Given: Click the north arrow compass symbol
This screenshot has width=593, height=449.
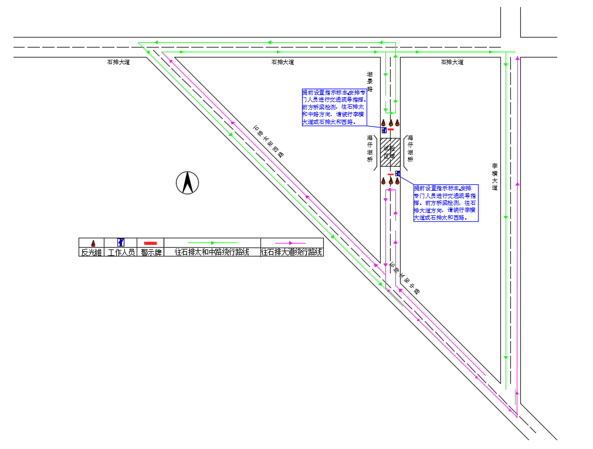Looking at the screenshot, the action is click(188, 183).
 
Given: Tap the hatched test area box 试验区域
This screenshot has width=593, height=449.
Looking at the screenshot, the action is click(390, 151).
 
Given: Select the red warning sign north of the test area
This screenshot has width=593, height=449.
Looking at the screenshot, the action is click(390, 130).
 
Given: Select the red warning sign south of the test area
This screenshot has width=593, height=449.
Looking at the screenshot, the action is click(390, 174).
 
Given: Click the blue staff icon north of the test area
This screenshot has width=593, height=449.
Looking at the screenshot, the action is click(384, 130).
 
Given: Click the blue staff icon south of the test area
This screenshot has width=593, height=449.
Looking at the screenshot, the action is click(398, 173).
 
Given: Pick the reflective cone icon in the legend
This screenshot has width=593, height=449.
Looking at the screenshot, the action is click(93, 242).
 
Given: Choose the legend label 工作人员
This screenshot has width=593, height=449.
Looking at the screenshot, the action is click(122, 252).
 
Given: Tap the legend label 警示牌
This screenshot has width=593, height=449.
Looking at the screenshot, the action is click(151, 252).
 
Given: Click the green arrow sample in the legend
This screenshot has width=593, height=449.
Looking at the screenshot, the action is click(212, 242).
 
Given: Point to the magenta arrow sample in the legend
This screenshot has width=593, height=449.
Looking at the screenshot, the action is click(292, 242).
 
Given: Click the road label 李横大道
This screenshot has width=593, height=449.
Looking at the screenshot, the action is click(494, 177).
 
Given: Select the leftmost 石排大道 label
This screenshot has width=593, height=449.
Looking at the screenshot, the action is click(118, 62).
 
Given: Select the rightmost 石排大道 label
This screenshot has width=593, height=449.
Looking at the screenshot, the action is click(452, 62).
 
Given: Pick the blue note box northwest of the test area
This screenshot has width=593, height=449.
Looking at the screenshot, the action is click(334, 107).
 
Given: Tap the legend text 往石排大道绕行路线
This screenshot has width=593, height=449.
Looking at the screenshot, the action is click(292, 252).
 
